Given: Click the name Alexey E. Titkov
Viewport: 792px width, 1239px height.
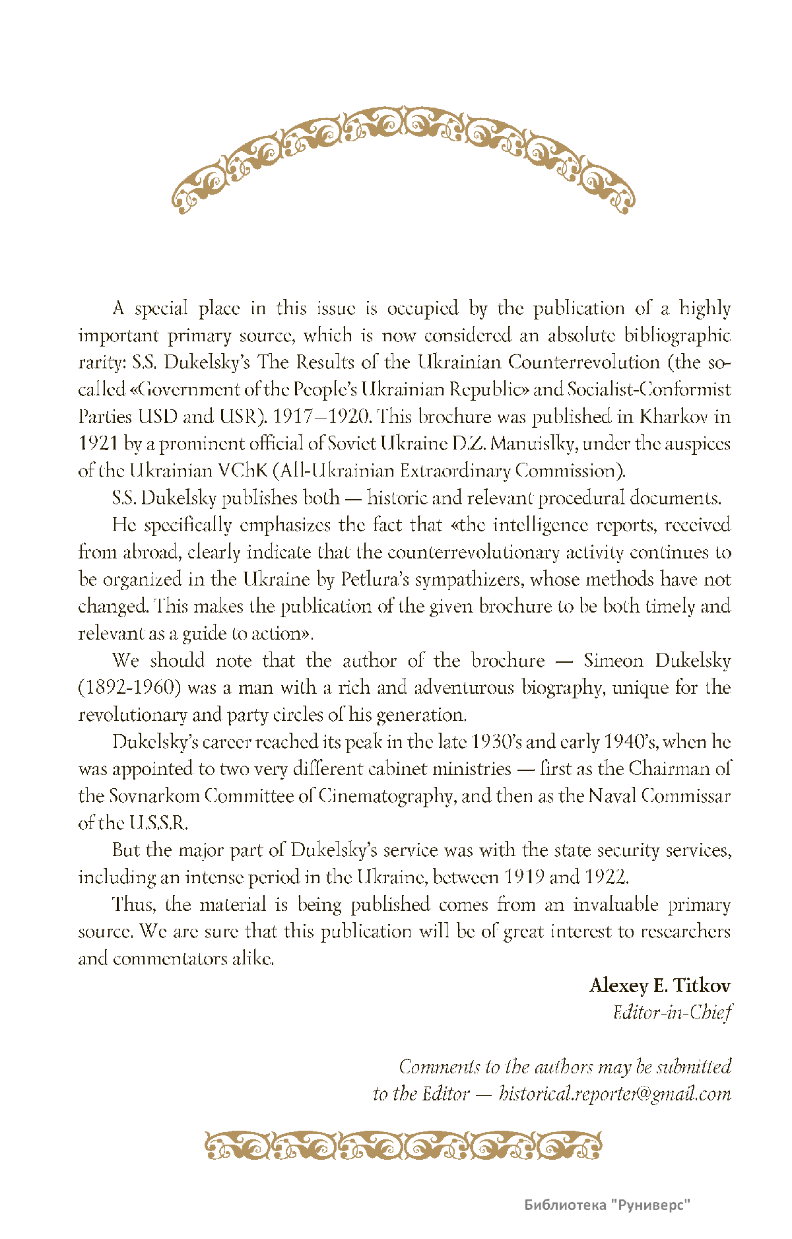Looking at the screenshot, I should [x=659, y=986].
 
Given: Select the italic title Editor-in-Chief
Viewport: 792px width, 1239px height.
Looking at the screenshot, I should [x=672, y=1013].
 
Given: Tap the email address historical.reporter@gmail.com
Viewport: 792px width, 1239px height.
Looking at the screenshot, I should [x=614, y=1094].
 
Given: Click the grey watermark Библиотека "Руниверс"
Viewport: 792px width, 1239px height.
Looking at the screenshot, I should [x=607, y=1205].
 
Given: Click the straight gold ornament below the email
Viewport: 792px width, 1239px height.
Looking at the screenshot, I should [x=403, y=1146].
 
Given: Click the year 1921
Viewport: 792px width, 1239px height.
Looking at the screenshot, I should [x=98, y=444].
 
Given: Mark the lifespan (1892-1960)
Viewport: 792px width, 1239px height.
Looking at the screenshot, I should [x=129, y=688].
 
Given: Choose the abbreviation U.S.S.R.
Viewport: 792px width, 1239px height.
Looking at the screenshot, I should [x=159, y=823].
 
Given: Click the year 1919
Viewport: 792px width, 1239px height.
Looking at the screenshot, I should [x=524, y=877].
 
